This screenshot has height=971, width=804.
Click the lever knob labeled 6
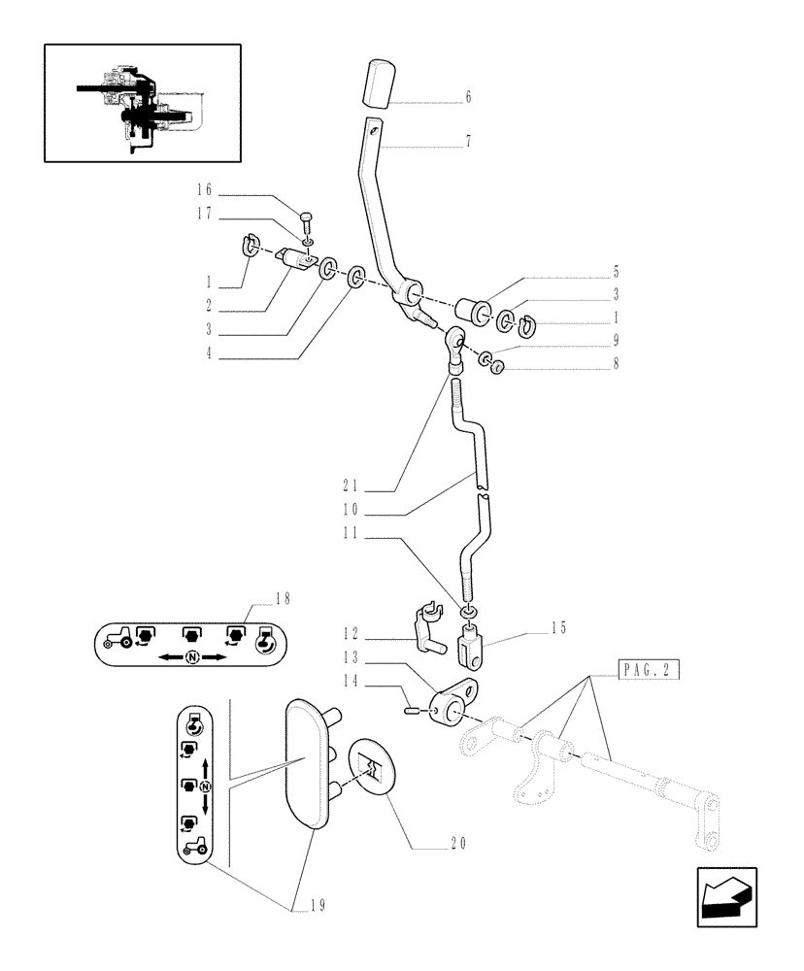tap(377, 84)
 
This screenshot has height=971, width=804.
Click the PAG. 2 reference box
tap(648, 669)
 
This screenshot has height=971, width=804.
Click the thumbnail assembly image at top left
tap(142, 102)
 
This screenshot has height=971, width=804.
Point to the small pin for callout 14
tap(412, 713)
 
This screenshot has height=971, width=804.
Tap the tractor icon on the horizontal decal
tap(116, 638)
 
